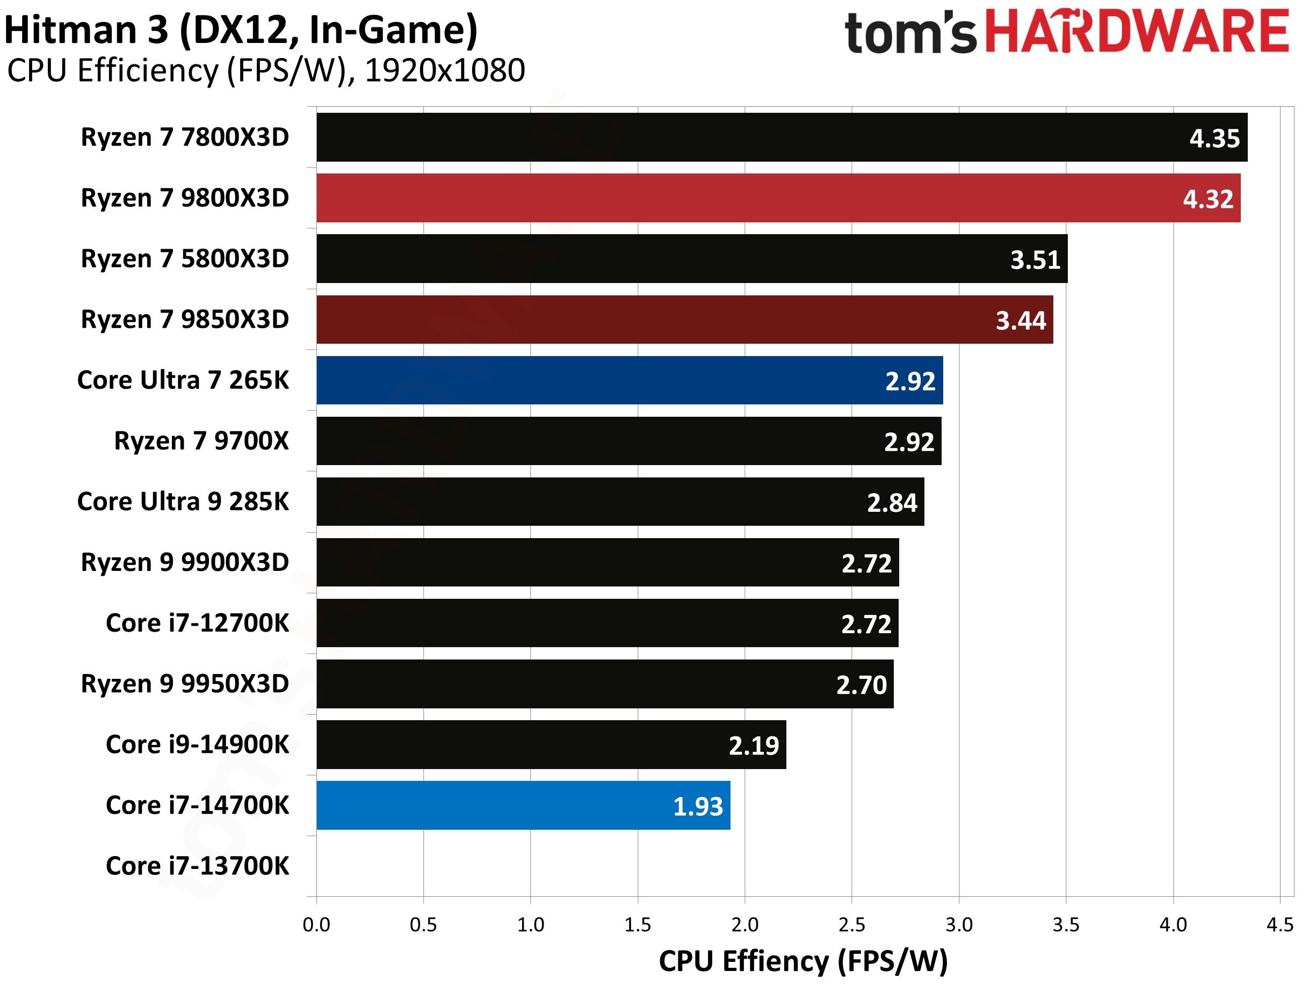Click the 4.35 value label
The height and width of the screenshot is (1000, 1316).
click(x=1214, y=139)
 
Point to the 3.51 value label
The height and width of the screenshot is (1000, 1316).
click(x=1035, y=260)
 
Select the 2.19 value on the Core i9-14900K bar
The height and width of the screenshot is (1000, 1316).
click(x=754, y=746)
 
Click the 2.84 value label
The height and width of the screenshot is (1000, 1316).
click(x=892, y=503)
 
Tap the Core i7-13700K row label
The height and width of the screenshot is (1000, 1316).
click(x=197, y=866)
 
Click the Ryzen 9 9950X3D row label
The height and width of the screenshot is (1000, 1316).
click(x=185, y=684)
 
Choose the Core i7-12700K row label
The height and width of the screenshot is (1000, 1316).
click(x=197, y=623)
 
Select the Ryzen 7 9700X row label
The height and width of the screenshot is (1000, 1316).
click(x=201, y=441)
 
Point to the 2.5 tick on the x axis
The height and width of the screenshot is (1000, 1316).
click(x=852, y=924)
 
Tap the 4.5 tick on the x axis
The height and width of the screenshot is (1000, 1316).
click(x=1279, y=924)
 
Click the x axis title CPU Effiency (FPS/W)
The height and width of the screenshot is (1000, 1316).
click(x=803, y=961)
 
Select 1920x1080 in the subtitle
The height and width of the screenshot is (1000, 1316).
click(x=445, y=71)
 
